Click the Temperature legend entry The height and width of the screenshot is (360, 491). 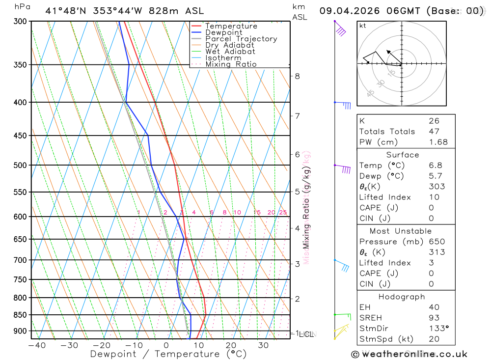(x=231, y=26)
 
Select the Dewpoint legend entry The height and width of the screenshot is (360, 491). (x=224, y=32)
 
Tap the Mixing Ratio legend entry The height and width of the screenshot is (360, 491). (x=231, y=64)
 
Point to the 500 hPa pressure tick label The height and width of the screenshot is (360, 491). (x=20, y=165)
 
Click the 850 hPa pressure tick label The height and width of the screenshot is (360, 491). (x=20, y=315)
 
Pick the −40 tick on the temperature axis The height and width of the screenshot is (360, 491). (x=37, y=345)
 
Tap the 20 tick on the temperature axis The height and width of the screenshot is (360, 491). (x=231, y=345)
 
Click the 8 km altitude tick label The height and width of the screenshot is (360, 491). (x=298, y=76)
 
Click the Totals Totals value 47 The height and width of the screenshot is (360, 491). (x=434, y=131)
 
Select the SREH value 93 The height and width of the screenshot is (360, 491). (x=434, y=318)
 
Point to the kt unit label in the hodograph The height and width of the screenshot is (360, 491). (x=363, y=26)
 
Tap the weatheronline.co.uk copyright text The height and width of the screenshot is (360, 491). (x=409, y=354)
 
